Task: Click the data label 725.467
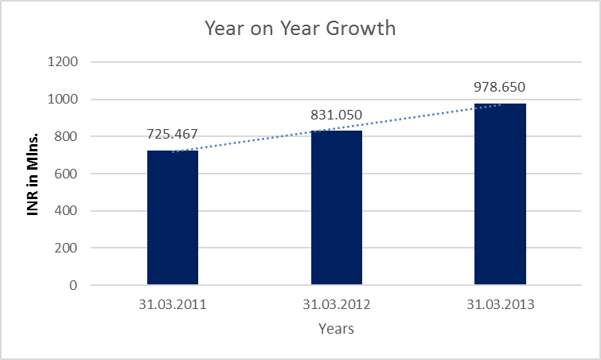click(173, 134)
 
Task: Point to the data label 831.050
click(336, 114)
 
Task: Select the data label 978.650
click(500, 87)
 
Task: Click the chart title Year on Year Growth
click(300, 29)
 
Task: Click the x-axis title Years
click(336, 328)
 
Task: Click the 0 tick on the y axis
click(73, 285)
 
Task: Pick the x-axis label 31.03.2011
click(173, 304)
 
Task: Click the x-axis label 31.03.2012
click(336, 304)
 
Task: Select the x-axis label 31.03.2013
click(500, 304)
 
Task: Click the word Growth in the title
click(362, 29)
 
